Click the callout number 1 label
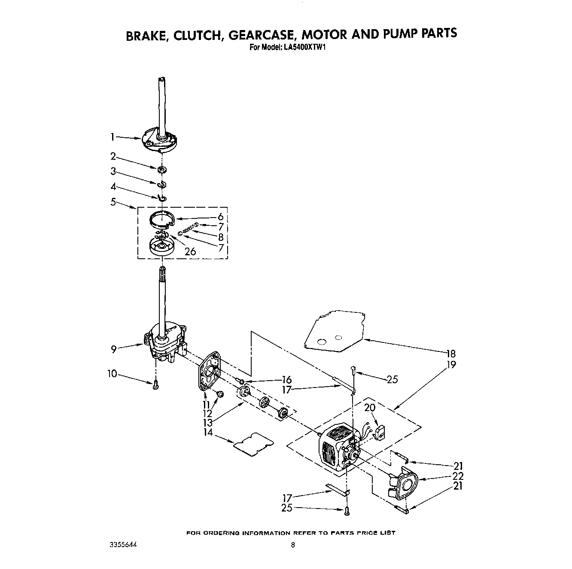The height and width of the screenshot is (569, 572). pos(112,137)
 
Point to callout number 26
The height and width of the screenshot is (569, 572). pos(190,252)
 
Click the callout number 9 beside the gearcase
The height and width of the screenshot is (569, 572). pos(114,349)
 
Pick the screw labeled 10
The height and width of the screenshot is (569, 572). pos(156,385)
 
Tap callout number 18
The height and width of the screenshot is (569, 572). pos(450,354)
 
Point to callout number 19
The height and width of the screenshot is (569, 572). pos(450,365)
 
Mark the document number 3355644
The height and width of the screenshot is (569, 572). pos(122,544)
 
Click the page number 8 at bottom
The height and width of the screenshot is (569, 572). pos(292,545)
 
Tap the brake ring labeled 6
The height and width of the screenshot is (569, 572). pos(161,220)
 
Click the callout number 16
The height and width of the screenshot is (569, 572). pos(286,380)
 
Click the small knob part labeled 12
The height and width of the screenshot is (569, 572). pos(220,394)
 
